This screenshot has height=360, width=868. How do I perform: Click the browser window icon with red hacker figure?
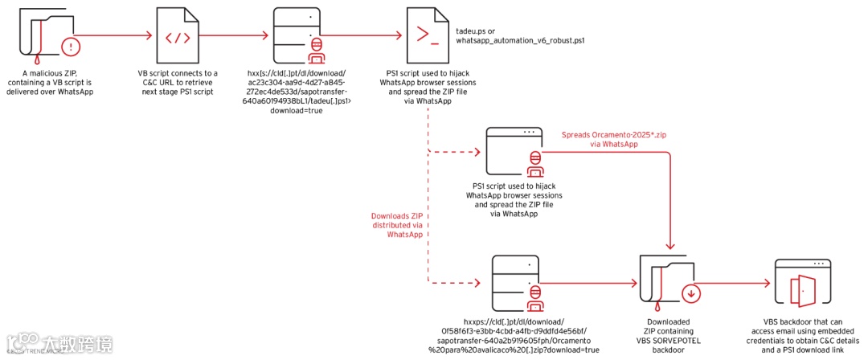(x=518, y=152)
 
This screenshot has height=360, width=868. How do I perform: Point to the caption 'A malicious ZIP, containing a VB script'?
(x=48, y=82)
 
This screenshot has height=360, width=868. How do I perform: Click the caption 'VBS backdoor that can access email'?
(x=797, y=335)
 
